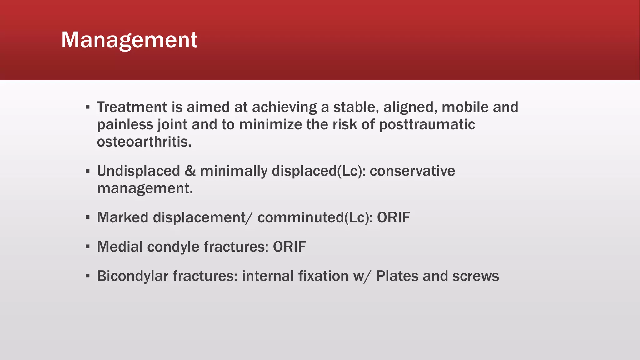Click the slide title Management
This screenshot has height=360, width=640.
coord(129,40)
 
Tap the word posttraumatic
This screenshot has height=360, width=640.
coord(427,125)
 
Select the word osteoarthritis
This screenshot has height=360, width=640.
coord(144,142)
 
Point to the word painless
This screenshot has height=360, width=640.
coord(125,125)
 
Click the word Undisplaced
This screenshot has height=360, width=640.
coord(138,171)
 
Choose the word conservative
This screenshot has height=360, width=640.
coord(412,171)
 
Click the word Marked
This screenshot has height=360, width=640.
coord(122,217)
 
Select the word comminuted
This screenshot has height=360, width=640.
coord(300,217)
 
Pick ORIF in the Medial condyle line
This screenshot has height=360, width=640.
coord(289,247)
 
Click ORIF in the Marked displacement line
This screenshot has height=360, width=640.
coord(393,217)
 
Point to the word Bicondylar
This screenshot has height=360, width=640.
coord(132,276)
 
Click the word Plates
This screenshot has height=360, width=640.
coord(397,276)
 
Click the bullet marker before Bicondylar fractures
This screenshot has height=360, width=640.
coord(88,276)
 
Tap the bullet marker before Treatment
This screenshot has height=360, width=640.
coord(88,107)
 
